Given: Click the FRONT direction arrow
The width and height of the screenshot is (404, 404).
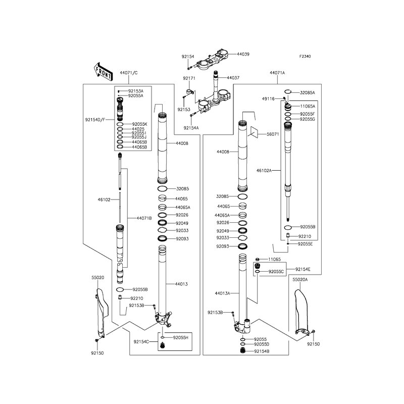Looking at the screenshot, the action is [x=103, y=71].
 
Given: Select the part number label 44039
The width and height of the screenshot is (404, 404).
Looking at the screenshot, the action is [x=243, y=54].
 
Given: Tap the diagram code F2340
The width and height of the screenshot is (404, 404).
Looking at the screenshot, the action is [x=305, y=56].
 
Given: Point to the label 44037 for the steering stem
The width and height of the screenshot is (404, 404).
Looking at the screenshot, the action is [x=233, y=78].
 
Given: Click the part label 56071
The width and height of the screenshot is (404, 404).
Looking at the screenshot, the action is [x=273, y=134].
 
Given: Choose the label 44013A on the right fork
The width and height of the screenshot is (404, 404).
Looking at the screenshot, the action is [x=222, y=293].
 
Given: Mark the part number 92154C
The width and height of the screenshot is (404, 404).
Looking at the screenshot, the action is [x=141, y=342].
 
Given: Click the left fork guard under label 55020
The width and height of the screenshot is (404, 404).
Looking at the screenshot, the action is [x=102, y=312].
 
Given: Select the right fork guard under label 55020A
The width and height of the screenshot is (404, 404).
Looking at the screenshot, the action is [x=301, y=312].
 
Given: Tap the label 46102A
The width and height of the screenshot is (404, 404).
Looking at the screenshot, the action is [x=264, y=170].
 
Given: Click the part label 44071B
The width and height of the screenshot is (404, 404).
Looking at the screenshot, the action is [x=144, y=218].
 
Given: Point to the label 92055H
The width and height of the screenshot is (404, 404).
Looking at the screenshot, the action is [x=181, y=337].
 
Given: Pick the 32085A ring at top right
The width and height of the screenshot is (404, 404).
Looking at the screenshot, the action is [x=287, y=91].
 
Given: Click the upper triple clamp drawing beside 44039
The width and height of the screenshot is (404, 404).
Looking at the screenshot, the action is [x=213, y=60].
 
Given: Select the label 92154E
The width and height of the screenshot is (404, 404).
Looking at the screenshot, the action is [x=302, y=269].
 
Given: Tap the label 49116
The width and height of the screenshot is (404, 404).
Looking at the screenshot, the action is [x=268, y=98].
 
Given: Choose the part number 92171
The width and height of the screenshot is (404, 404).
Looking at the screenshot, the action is [x=189, y=78].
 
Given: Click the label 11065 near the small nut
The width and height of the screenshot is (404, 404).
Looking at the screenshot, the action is [x=274, y=259].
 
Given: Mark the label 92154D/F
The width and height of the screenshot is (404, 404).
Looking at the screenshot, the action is [x=95, y=120].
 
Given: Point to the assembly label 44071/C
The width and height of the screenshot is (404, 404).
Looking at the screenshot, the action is [x=129, y=73].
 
